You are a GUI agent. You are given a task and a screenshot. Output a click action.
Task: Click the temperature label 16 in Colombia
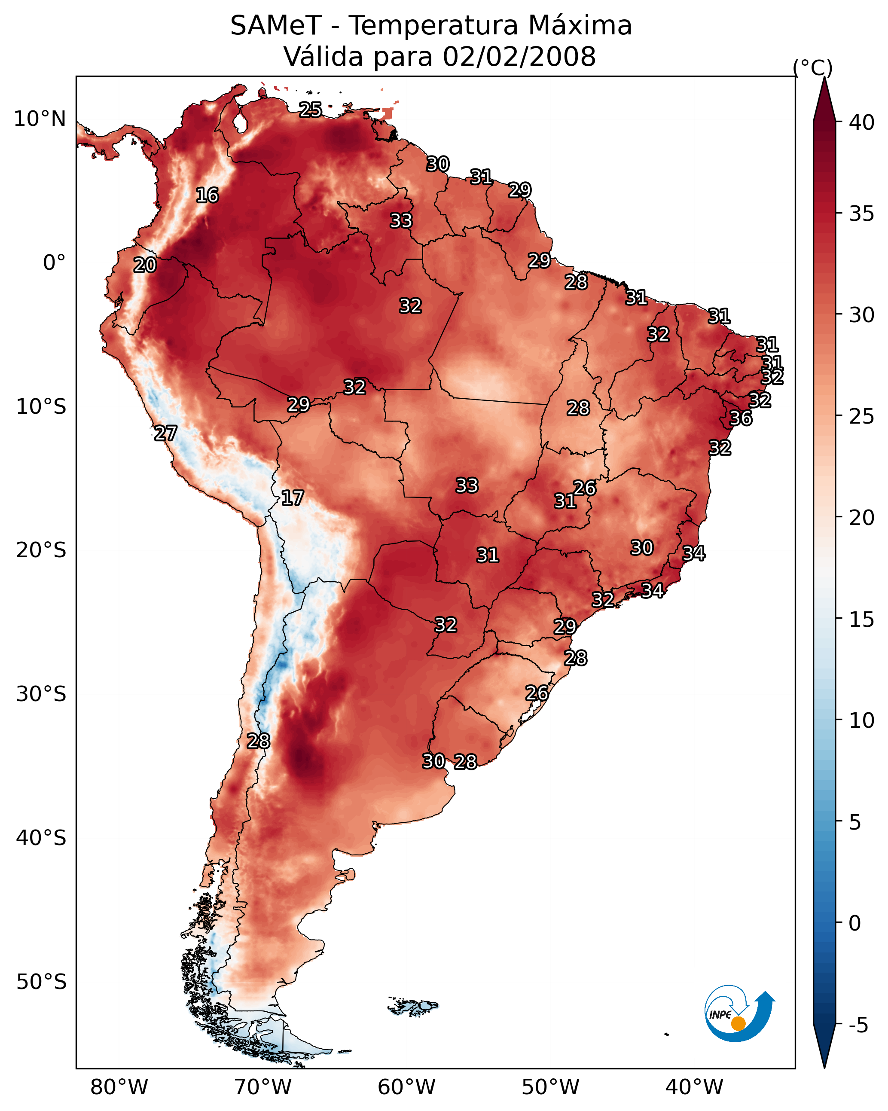pos(207,195)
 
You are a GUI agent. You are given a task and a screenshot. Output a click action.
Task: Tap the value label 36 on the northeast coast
pos(741,418)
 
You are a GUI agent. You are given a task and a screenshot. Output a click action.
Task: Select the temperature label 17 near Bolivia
pos(292,498)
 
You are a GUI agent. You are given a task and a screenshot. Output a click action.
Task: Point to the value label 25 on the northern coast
pos(310,110)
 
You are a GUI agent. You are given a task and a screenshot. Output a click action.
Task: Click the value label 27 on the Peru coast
pos(165,433)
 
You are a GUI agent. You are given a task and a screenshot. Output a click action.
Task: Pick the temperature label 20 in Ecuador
pos(145,266)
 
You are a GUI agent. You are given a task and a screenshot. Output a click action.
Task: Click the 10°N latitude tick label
pos(40,119)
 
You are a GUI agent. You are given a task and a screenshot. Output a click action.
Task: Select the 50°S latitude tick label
pos(41,982)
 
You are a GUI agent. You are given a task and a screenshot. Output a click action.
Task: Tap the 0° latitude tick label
pos(54,263)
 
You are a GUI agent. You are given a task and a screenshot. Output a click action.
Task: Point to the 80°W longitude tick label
pos(119,1087)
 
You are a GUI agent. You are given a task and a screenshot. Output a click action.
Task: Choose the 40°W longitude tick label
pos(694,1087)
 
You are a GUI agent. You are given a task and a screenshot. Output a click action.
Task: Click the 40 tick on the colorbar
pos(862,122)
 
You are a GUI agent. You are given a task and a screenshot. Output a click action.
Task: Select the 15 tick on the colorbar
pos(862,620)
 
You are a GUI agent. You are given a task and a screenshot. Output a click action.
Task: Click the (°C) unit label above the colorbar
pos(813,67)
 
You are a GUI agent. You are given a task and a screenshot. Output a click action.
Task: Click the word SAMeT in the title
pos(276,26)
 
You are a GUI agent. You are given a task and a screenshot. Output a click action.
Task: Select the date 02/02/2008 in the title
pos(519,57)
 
